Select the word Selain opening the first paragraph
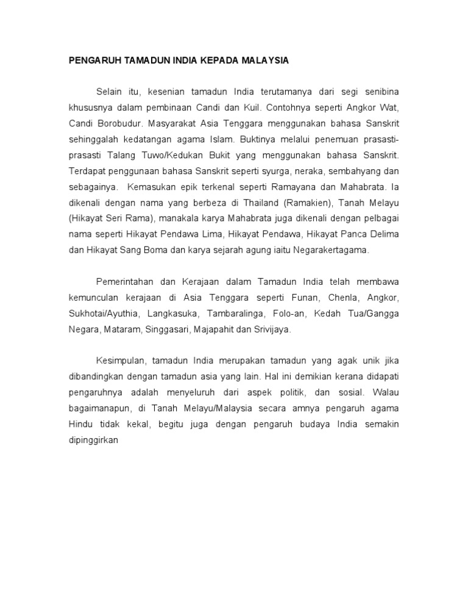[108, 92]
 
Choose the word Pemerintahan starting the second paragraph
[124, 282]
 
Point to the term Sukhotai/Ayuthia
[104, 313]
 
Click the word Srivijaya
[273, 329]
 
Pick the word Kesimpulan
[119, 361]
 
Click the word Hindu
[79, 424]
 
